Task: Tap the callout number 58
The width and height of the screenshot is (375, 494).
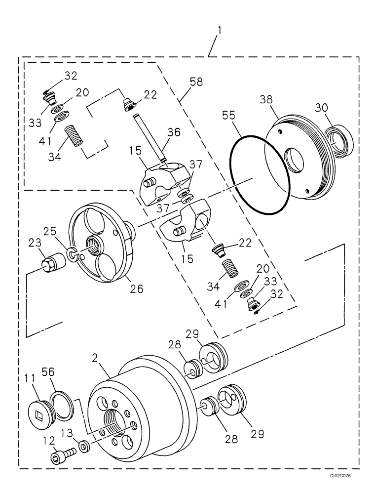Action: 196,82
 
